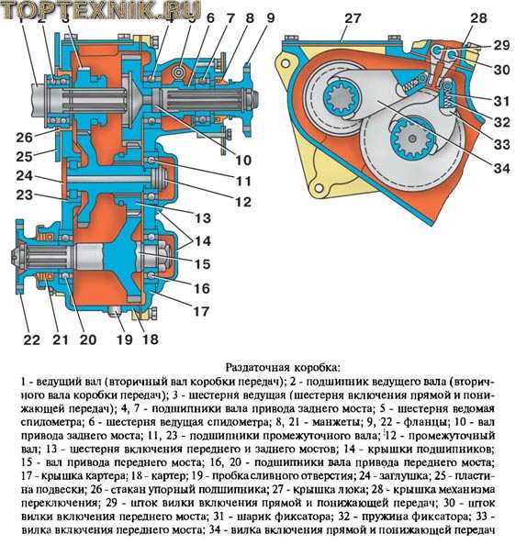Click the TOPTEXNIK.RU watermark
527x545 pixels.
point(102,9)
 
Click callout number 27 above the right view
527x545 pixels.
point(353,18)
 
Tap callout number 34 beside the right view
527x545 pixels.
point(501,169)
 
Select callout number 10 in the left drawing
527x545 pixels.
point(243,161)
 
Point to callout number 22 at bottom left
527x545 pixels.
point(32,339)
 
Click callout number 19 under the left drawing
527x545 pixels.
point(125,339)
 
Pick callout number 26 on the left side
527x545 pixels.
point(24,138)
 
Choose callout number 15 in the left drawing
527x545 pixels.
point(203,264)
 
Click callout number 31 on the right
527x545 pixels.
point(501,101)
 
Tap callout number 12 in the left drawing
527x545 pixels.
point(243,202)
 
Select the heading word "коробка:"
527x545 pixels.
point(317,367)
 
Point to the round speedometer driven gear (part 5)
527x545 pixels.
point(180,72)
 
